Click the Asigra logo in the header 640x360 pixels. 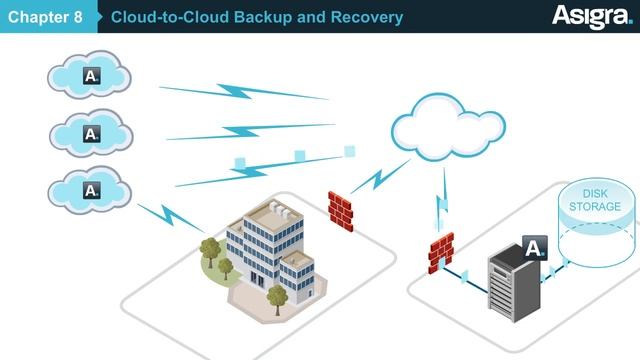(592, 17)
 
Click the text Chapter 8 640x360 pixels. (45, 17)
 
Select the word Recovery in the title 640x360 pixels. (367, 17)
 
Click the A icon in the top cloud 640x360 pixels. (91, 76)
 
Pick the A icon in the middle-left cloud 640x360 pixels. (92, 134)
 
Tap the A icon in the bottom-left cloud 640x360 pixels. (92, 190)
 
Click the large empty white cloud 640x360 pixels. (448, 127)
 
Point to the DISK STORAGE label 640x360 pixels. (595, 200)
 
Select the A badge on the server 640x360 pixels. (535, 248)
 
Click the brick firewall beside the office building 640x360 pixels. (340, 211)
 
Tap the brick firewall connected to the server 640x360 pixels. (441, 252)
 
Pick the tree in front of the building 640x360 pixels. (278, 299)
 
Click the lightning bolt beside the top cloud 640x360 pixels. (244, 92)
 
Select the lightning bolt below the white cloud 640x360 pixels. (442, 200)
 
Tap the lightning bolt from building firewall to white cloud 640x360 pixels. (380, 177)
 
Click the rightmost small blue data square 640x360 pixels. (349, 151)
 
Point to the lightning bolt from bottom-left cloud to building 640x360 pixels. (171, 218)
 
